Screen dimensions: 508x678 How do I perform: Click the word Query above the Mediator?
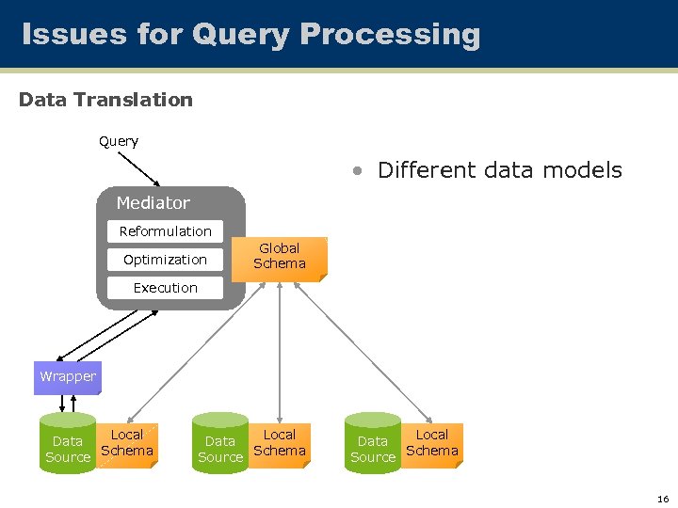click(x=119, y=142)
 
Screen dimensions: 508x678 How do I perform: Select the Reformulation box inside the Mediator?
click(x=165, y=231)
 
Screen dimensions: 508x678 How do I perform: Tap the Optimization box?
click(x=165, y=260)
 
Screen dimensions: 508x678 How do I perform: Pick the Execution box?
click(x=165, y=288)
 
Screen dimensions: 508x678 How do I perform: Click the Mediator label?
click(x=153, y=203)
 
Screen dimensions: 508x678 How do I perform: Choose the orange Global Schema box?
click(x=280, y=257)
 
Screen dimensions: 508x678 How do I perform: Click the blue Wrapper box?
click(x=68, y=377)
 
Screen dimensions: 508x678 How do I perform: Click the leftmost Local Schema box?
click(x=127, y=443)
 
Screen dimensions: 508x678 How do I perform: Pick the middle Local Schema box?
click(x=280, y=443)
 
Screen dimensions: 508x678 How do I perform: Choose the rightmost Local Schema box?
click(x=432, y=443)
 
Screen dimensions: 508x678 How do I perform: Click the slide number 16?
click(x=663, y=499)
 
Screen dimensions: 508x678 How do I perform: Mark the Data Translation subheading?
click(x=105, y=100)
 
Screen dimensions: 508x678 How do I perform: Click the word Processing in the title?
click(x=390, y=35)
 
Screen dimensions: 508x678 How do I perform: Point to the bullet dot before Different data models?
click(x=358, y=171)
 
